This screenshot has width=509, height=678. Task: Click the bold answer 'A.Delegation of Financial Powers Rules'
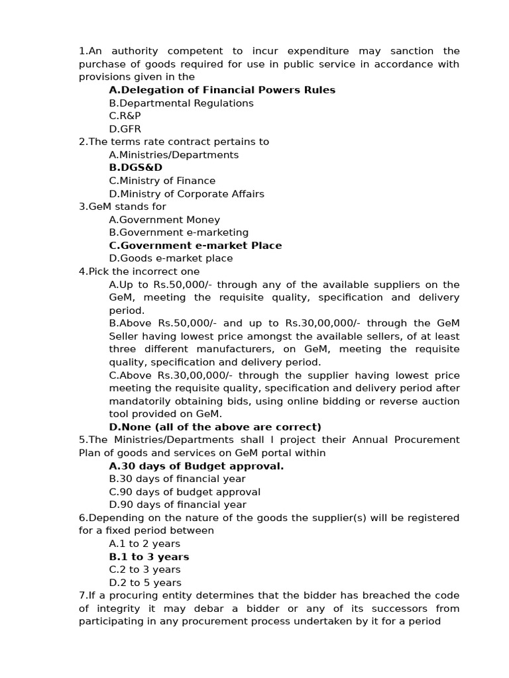pos(222,90)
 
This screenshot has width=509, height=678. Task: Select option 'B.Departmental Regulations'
pos(181,103)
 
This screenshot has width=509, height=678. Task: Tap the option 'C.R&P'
pos(125,116)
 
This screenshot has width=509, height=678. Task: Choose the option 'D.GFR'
pos(125,129)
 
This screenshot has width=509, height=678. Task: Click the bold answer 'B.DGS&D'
pos(135,168)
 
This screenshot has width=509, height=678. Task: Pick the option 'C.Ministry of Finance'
pos(162,181)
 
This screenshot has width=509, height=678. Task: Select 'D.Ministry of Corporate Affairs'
pos(186,194)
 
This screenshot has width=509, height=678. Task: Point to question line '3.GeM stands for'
pos(123,207)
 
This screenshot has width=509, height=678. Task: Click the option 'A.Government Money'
pos(164,220)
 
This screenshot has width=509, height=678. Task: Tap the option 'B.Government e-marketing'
pos(179,232)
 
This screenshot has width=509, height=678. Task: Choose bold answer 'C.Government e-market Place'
pos(196,246)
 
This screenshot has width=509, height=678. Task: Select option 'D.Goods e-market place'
pos(171,258)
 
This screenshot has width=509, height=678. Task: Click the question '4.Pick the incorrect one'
pos(139,271)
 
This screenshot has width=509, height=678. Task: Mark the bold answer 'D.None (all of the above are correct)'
pos(215,427)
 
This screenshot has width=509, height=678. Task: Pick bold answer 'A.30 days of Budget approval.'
pos(196,466)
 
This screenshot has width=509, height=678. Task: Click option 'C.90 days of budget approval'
pos(185,492)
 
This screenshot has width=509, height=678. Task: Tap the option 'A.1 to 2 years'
pos(144,544)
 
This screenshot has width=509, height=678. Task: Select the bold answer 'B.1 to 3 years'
pos(149,557)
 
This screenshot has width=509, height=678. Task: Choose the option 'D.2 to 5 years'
pos(145,583)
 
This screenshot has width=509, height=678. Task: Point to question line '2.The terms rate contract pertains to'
pos(174,142)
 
